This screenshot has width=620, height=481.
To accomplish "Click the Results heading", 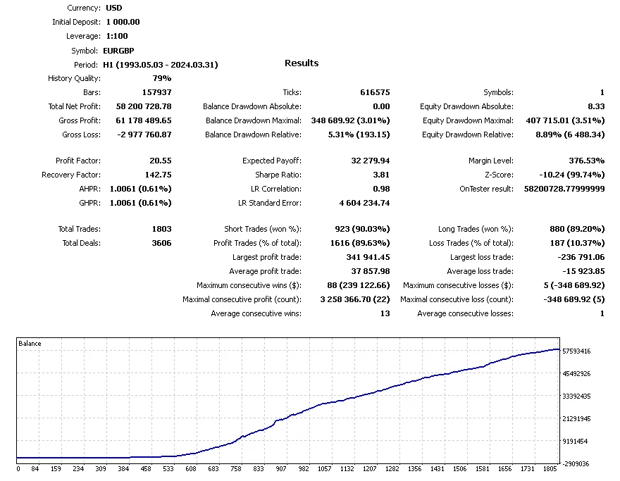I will [x=302, y=63].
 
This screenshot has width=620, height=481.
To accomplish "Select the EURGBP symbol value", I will [x=118, y=51].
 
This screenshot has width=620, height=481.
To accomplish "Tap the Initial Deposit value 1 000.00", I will [x=123, y=23].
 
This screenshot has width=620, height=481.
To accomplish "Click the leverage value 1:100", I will [x=117, y=37].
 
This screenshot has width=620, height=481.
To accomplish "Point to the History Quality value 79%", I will [x=162, y=79].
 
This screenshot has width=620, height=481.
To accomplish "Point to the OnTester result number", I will [x=564, y=189].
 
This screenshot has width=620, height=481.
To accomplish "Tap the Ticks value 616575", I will [x=375, y=93].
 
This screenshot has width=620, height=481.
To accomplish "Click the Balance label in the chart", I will [x=30, y=344].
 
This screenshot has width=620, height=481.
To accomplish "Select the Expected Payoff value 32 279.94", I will [x=371, y=161].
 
